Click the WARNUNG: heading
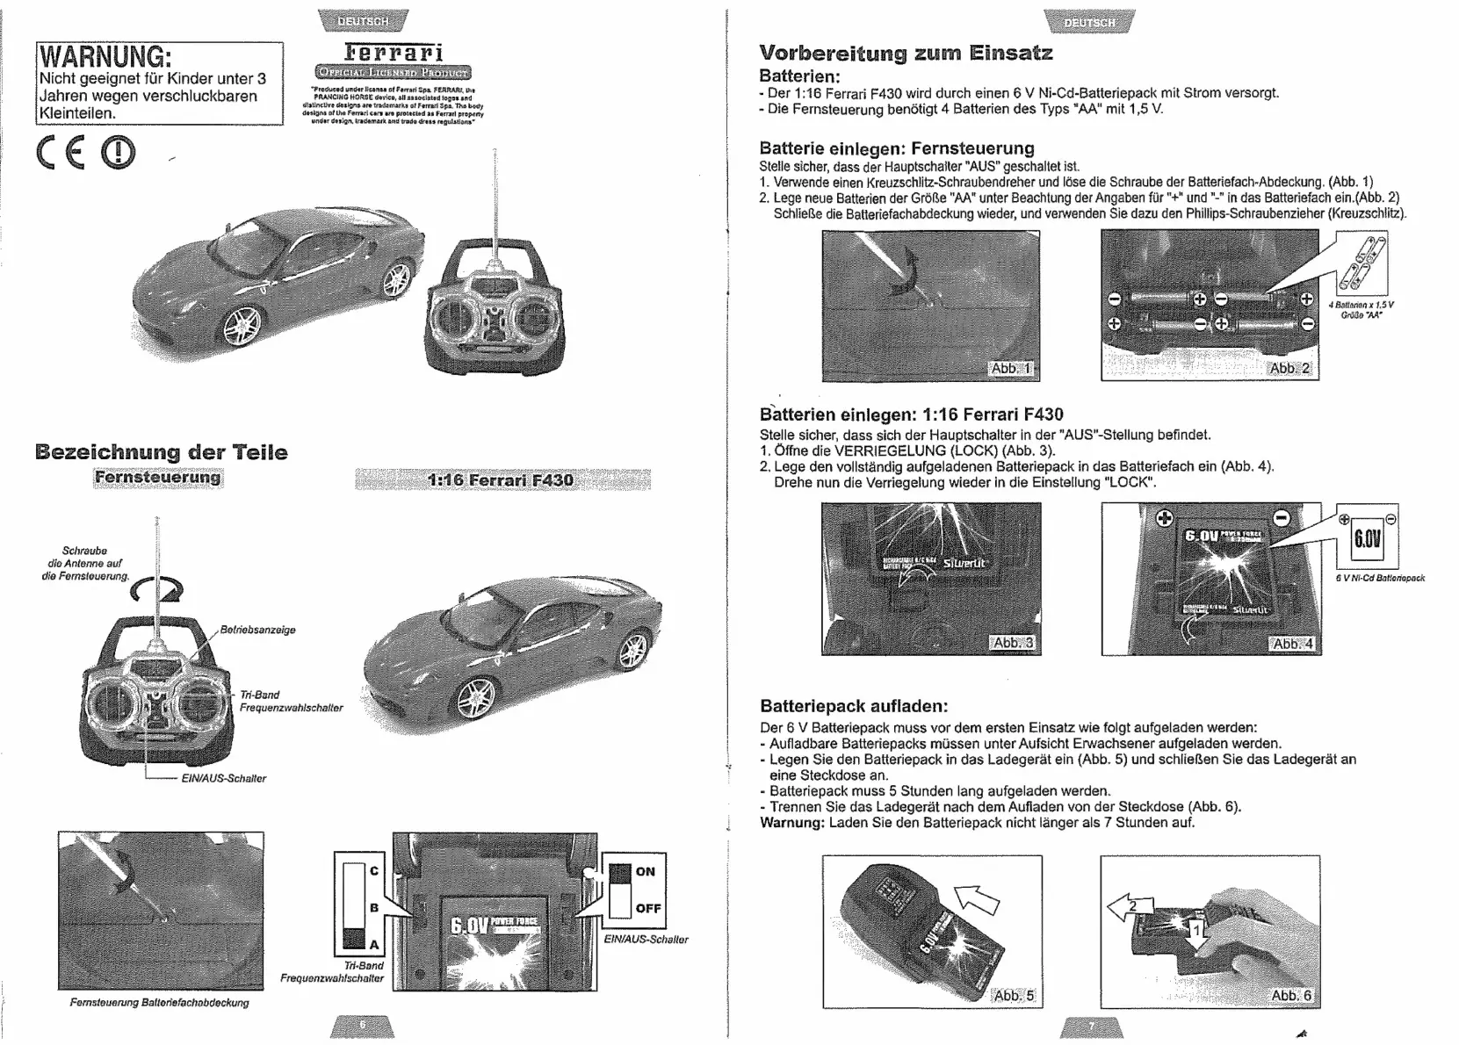[104, 56]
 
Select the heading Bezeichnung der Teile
[162, 452]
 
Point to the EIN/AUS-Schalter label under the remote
[223, 778]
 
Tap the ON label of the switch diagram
[646, 871]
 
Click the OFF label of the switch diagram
[648, 908]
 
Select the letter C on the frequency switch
[374, 870]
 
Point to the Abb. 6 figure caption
[1291, 995]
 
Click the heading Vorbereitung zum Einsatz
[906, 53]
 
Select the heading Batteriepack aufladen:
[854, 706]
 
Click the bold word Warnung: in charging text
[792, 823]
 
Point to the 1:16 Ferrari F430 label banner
[502, 479]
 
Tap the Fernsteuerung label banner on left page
[158, 478]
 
